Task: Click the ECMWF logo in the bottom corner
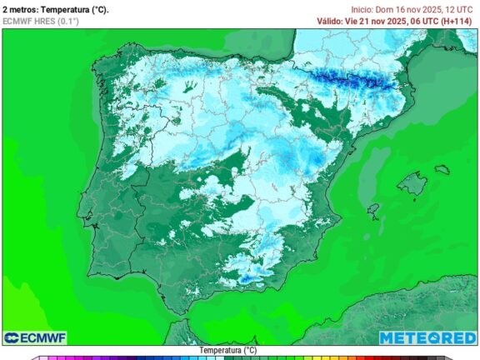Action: [x=35, y=337]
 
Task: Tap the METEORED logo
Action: [x=427, y=337]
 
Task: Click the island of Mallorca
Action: [x=412, y=184]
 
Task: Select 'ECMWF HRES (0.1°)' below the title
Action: [x=42, y=21]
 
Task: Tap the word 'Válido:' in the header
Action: [x=332, y=21]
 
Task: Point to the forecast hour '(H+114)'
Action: [x=458, y=21]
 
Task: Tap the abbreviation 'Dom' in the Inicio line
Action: [x=384, y=9]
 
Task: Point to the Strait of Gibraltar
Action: [x=177, y=319]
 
